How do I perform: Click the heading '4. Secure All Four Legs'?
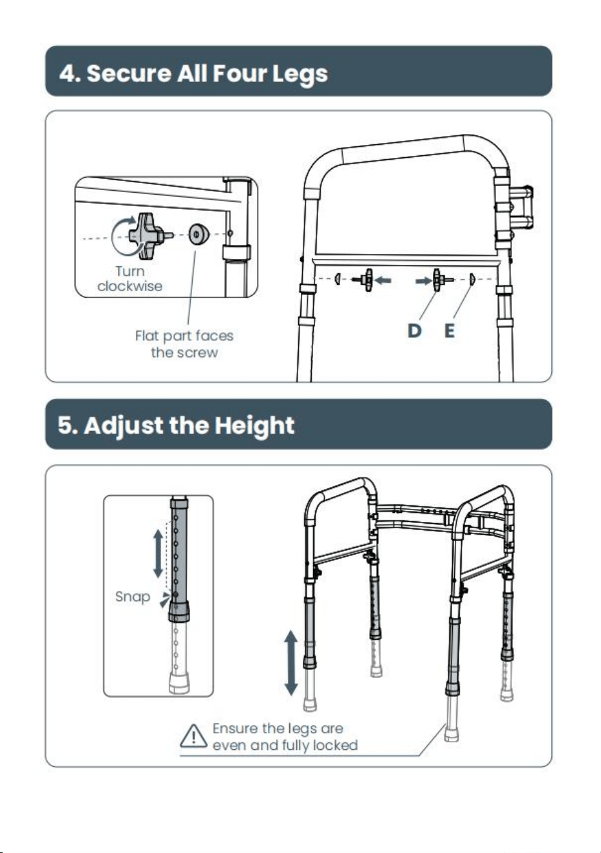click(x=193, y=73)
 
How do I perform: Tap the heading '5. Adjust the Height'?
click(x=176, y=425)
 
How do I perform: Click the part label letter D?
click(x=414, y=331)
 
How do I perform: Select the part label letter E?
click(x=450, y=331)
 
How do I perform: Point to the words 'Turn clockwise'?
click(x=130, y=279)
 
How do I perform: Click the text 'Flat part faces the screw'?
click(x=184, y=344)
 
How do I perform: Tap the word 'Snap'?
click(x=133, y=597)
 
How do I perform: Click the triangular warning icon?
click(x=193, y=736)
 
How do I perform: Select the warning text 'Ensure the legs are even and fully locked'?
click(x=285, y=737)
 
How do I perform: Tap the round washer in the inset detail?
click(x=199, y=233)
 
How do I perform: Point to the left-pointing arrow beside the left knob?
click(x=383, y=281)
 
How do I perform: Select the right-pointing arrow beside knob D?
click(x=423, y=281)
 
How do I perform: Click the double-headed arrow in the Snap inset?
click(x=158, y=553)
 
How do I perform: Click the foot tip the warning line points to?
click(x=452, y=733)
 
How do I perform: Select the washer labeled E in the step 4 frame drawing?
click(x=472, y=280)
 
